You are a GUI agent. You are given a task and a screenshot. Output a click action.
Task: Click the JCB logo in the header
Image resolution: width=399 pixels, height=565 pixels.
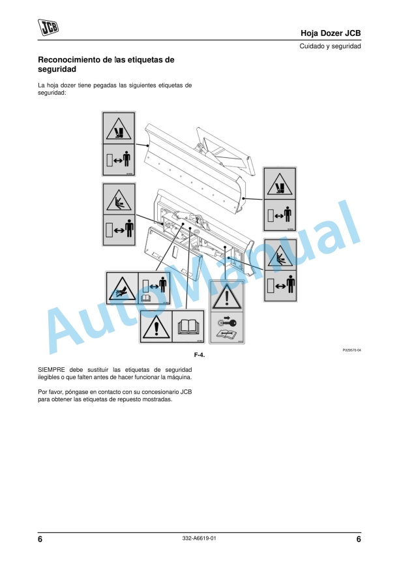click(x=48, y=27)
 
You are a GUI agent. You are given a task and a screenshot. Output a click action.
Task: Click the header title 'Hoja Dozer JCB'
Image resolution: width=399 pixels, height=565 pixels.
click(x=331, y=33)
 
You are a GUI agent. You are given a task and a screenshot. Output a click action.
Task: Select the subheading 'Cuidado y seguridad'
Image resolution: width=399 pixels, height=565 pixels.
click(x=330, y=46)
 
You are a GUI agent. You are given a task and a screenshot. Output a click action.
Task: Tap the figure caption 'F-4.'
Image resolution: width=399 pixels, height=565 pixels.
click(x=199, y=355)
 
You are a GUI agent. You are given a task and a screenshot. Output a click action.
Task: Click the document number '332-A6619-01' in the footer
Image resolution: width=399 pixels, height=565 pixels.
click(x=199, y=538)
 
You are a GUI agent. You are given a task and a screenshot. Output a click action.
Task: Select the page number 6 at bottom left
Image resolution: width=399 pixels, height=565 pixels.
click(x=40, y=539)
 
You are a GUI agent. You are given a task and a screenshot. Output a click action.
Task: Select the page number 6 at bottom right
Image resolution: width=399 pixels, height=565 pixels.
click(x=359, y=539)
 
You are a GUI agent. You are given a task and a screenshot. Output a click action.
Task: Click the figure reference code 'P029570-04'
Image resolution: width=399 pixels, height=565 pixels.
click(x=351, y=350)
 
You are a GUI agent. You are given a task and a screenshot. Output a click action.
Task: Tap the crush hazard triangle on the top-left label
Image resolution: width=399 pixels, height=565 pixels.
click(x=118, y=128)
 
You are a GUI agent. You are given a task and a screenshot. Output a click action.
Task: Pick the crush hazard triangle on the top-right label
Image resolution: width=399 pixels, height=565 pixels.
click(x=280, y=184)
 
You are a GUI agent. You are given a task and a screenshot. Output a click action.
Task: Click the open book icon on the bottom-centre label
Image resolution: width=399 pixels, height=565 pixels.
click(x=187, y=325)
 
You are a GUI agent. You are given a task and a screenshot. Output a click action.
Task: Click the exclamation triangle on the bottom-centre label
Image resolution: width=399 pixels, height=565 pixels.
click(x=155, y=325)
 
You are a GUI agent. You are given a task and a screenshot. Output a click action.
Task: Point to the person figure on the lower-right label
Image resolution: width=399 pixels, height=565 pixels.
click(x=289, y=284)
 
